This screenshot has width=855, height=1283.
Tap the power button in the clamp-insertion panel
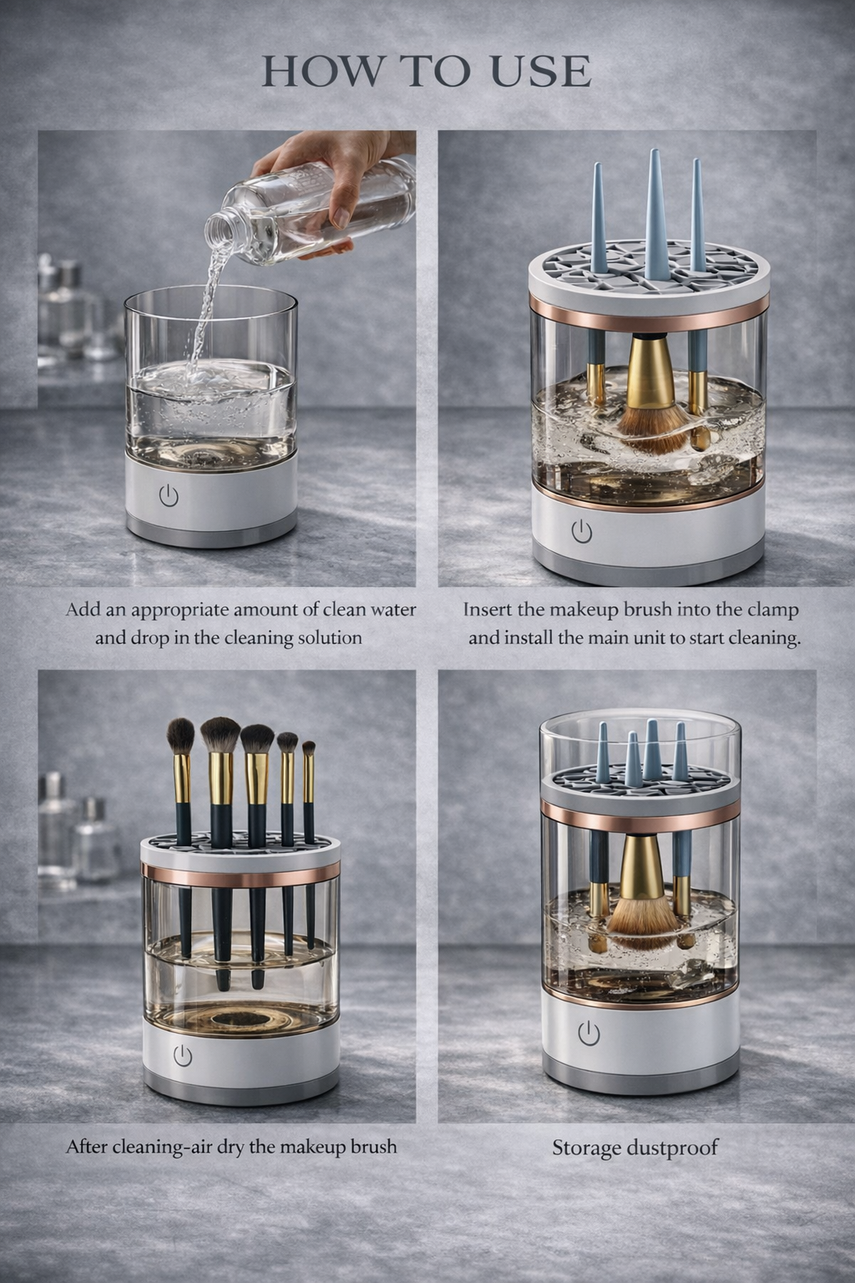[x=582, y=530]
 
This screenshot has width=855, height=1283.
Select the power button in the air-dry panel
[x=182, y=1055]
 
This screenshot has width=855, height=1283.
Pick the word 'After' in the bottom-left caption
[x=87, y=1146]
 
